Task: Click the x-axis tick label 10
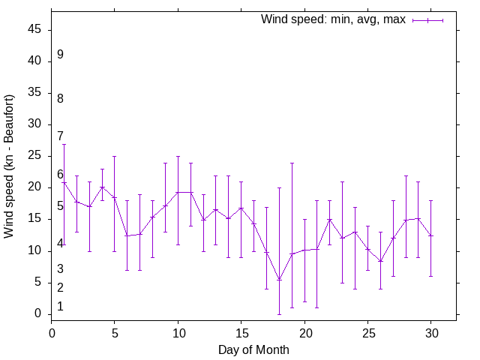click(x=178, y=332)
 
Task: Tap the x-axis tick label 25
click(x=367, y=332)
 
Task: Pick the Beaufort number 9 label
click(x=60, y=55)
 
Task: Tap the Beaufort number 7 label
click(x=60, y=136)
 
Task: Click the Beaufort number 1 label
click(x=60, y=307)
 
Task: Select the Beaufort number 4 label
click(x=60, y=244)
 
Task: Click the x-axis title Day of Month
click(x=253, y=349)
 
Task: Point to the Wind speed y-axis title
click(x=10, y=166)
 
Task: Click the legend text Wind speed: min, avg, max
click(x=333, y=19)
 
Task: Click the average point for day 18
click(x=279, y=280)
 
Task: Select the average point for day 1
click(x=64, y=183)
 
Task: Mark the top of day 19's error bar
click(x=292, y=163)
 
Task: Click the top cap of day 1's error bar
click(x=64, y=144)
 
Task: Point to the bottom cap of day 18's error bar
click(x=279, y=313)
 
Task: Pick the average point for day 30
click(x=430, y=235)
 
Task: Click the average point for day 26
click(x=380, y=261)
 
